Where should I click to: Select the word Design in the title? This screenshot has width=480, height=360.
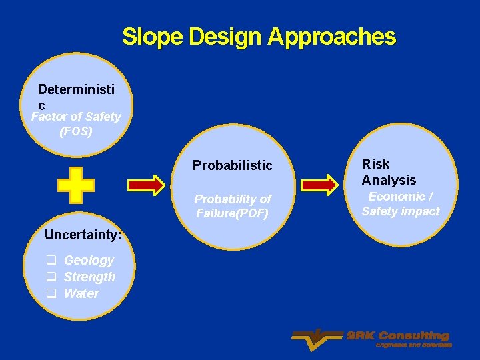[x=226, y=37]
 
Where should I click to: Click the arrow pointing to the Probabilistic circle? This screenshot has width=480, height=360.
[x=154, y=185]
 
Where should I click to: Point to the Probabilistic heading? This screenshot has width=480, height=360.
[x=232, y=165]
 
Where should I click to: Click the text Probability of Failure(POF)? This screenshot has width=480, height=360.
[x=233, y=206]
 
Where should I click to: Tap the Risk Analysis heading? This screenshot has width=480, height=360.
[x=389, y=172]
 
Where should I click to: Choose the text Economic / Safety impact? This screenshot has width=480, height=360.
[x=401, y=204]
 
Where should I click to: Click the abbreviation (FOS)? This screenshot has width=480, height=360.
[x=76, y=131]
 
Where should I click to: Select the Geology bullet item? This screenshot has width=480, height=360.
[x=89, y=261]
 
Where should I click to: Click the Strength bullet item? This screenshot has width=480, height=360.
[x=89, y=277]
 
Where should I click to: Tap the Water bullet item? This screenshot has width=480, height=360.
[x=81, y=294]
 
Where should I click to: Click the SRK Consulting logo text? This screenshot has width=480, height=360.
[x=397, y=336]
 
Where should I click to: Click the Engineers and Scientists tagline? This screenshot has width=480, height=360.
[x=413, y=345]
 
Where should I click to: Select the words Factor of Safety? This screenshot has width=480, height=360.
[x=76, y=117]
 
